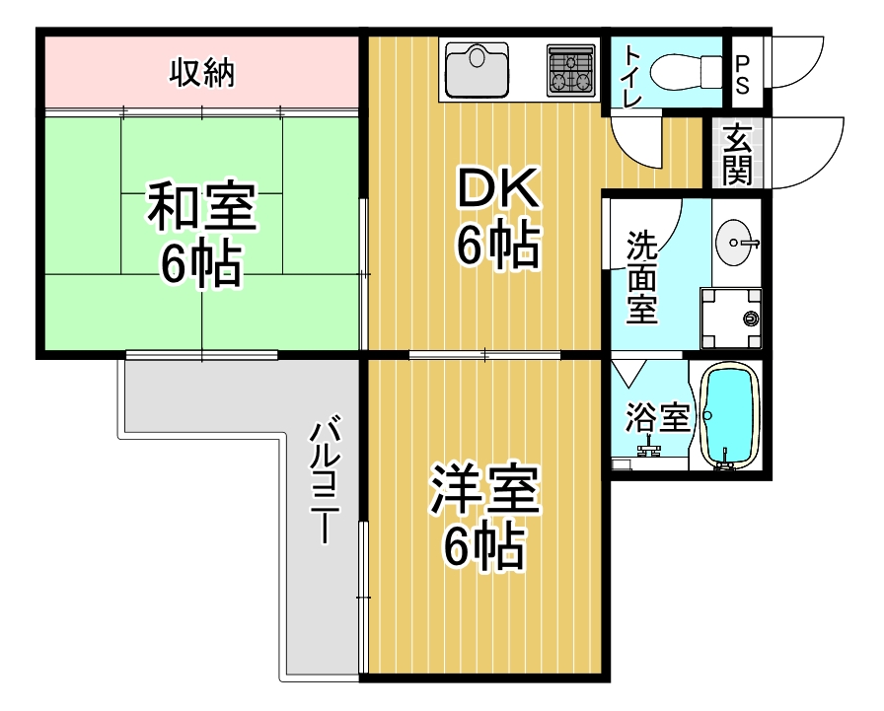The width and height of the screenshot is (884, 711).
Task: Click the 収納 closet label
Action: pyautogui.click(x=202, y=72)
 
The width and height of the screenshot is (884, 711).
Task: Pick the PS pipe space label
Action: pyautogui.click(x=742, y=73)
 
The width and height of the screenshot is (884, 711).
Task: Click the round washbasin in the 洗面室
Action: pyautogui.click(x=736, y=239)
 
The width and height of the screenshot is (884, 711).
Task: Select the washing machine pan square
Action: pyautogui.click(x=731, y=319)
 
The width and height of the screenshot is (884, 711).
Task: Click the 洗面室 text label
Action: pyautogui.click(x=642, y=277)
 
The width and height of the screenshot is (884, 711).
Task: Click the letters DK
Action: pyautogui.click(x=498, y=187)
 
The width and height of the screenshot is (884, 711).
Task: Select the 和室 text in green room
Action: pyautogui.click(x=202, y=207)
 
